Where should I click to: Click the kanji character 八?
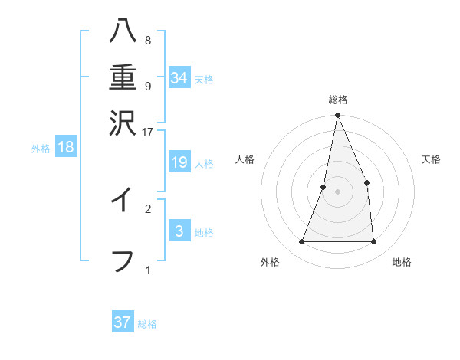(x=122, y=33)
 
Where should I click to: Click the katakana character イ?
(x=122, y=200)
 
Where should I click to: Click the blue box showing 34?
(x=179, y=77)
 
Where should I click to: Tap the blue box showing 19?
(x=179, y=162)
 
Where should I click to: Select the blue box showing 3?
(x=179, y=231)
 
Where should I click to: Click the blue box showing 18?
(x=66, y=147)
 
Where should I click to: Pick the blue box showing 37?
(x=123, y=322)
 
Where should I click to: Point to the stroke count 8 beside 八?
(x=147, y=41)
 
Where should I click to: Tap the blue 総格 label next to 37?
(x=147, y=324)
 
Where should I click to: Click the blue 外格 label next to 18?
(x=41, y=149)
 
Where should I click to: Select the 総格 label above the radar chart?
(x=338, y=100)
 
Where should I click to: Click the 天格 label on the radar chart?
(x=431, y=159)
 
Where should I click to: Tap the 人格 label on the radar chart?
(x=245, y=159)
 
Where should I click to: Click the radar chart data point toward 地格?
(x=373, y=242)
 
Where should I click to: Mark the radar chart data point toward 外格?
(x=302, y=242)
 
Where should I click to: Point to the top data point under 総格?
(x=337, y=116)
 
